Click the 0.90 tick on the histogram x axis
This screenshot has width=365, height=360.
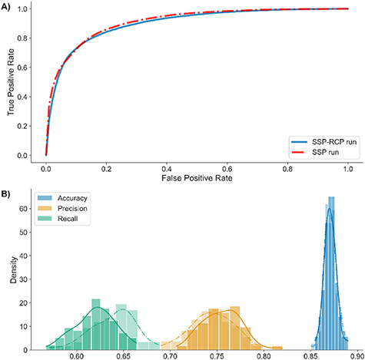(357, 355)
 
